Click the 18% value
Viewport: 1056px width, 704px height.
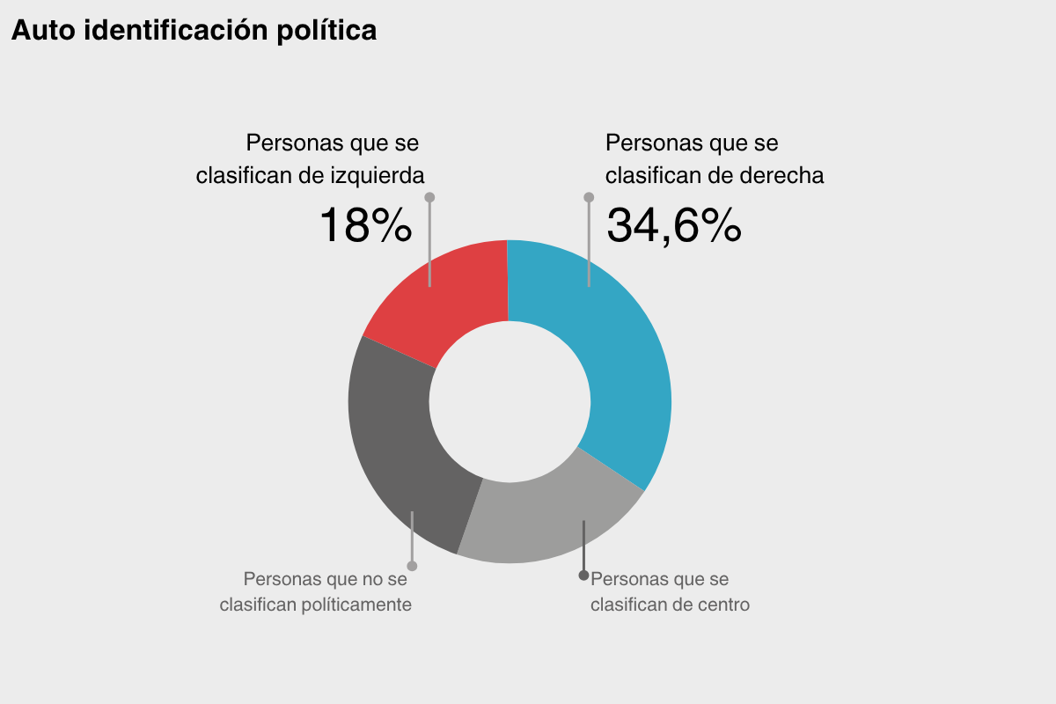365,225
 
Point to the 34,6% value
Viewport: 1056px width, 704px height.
674,225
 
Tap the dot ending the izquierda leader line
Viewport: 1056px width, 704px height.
429,197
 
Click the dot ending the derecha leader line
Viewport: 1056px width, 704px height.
589,197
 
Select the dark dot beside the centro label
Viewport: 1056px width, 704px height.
583,576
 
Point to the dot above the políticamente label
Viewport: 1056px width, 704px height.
412,565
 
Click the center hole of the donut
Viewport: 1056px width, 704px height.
510,401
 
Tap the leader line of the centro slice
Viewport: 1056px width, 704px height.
583,546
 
